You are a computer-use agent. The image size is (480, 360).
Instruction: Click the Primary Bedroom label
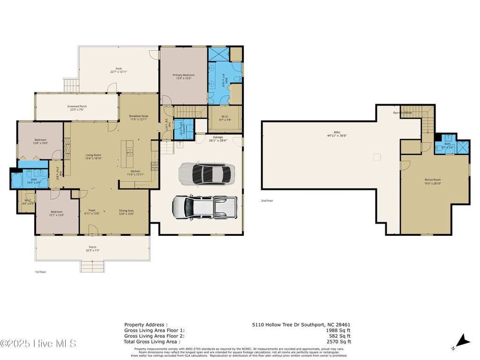(x=183, y=75)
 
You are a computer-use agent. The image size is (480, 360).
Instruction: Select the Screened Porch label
(x=77, y=106)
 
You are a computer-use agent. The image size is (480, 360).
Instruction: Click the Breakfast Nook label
(x=139, y=116)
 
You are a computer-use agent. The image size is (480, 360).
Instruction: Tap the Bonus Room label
(x=433, y=180)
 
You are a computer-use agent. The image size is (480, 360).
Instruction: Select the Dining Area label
(x=126, y=210)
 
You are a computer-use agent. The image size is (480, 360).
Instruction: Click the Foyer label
(x=92, y=210)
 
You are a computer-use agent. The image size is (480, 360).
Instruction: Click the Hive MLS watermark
(x=38, y=344)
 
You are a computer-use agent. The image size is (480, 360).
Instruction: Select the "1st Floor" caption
(x=40, y=272)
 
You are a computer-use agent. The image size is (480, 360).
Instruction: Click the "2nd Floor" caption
(x=267, y=201)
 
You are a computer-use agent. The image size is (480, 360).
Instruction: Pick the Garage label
(x=218, y=137)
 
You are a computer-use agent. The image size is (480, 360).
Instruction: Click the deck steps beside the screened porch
(x=71, y=85)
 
